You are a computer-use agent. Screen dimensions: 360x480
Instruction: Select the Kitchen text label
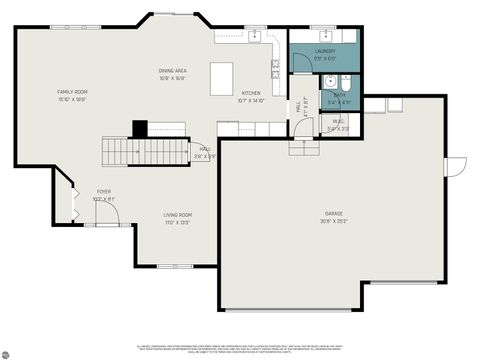251,94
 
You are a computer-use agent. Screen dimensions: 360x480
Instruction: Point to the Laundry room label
325,50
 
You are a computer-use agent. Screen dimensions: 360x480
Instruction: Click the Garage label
333,214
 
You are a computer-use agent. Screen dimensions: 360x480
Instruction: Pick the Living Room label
178,215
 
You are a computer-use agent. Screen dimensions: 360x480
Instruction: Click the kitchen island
222,77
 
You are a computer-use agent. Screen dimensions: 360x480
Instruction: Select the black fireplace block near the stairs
140,128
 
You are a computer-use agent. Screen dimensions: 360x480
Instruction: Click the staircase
139,152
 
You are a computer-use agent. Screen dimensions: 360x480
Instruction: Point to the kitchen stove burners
275,69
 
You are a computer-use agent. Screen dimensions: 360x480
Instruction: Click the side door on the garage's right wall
456,166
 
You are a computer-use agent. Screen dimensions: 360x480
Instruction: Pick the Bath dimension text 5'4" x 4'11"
339,102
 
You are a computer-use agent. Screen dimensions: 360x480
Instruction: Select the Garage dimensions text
333,222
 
